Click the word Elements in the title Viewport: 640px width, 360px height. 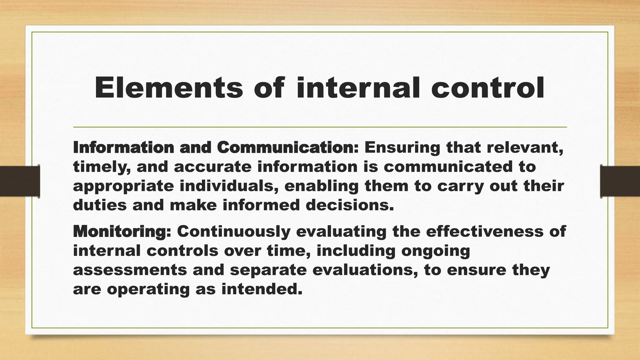168,88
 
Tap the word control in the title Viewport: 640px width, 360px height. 487,88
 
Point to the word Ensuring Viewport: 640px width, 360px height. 402,148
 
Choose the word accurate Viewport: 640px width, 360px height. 212,167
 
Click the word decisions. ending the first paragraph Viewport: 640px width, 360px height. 349,205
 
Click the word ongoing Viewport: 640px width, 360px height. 436,251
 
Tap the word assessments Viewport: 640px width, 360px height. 130,270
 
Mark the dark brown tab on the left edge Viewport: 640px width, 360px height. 20,181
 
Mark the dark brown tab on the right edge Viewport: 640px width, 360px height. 620,181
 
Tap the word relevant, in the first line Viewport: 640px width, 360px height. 525,148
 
